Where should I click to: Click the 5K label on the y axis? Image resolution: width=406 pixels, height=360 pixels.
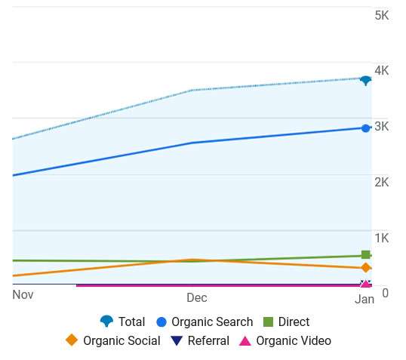(x=381, y=15)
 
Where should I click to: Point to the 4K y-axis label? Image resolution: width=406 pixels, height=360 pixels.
(x=381, y=71)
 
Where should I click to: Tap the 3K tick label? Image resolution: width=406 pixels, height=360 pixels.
(x=381, y=127)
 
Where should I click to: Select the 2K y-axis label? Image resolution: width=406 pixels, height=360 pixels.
(x=381, y=183)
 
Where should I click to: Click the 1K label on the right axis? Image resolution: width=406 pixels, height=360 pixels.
(x=381, y=238)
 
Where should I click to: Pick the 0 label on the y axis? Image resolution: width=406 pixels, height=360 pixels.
(x=385, y=294)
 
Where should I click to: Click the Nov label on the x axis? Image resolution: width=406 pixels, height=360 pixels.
(x=23, y=295)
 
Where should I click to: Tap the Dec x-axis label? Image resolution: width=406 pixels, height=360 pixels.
(x=197, y=298)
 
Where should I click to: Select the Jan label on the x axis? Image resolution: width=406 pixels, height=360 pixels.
(x=364, y=300)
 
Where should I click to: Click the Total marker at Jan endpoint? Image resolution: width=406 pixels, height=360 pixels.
(x=365, y=80)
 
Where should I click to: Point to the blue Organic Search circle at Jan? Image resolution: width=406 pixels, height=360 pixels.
(x=366, y=128)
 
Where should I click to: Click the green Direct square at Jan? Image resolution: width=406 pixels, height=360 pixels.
(x=366, y=255)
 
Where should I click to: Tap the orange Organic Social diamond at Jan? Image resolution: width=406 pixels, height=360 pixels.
(x=366, y=268)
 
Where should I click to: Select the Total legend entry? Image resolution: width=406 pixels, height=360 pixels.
(x=122, y=322)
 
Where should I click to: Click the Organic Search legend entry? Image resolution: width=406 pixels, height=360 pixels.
(x=204, y=322)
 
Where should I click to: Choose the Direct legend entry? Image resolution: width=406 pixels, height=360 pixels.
(x=286, y=322)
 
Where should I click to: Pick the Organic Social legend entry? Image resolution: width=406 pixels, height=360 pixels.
(x=113, y=340)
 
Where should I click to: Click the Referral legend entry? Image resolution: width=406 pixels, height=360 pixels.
(x=200, y=340)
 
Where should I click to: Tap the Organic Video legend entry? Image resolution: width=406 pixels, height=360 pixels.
(x=285, y=340)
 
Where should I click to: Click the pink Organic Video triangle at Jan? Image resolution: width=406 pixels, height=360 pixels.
(x=366, y=284)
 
